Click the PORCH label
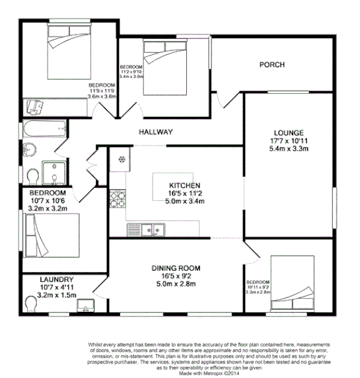click(x=271, y=65)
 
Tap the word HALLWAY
click(x=155, y=132)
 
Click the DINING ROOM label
click(x=176, y=268)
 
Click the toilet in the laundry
click(x=30, y=303)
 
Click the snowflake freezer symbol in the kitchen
click(x=122, y=159)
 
